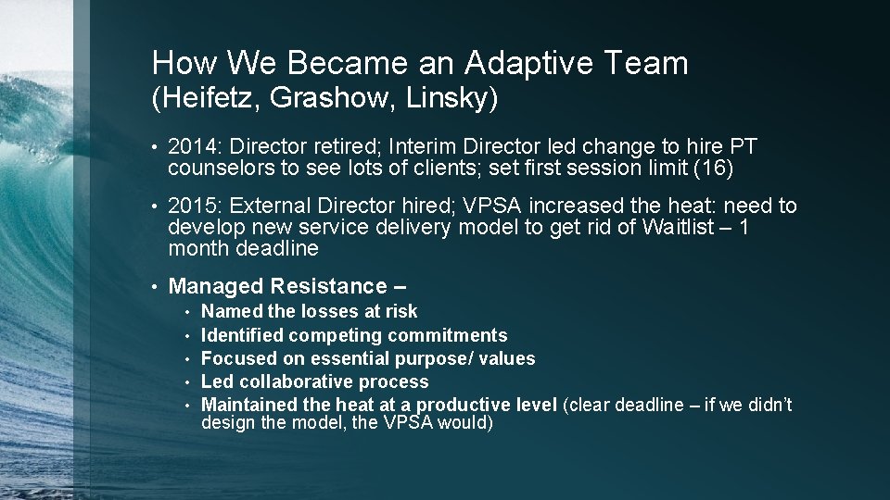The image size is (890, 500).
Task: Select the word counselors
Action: pos(213,169)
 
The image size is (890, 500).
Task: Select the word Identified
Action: pos(240,335)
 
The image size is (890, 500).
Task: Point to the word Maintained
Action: pos(246,405)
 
